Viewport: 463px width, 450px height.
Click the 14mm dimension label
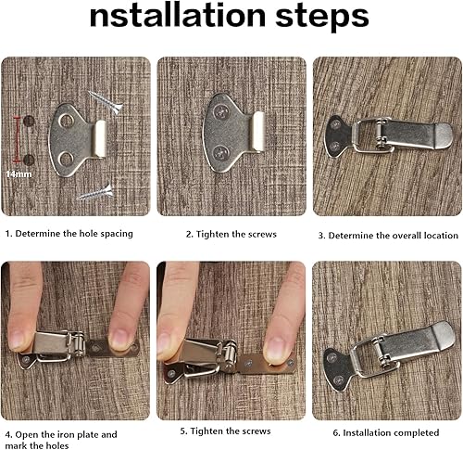click(19, 174)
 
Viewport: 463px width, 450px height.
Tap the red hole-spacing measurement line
click(18, 139)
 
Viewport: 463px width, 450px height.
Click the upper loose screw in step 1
click(106, 102)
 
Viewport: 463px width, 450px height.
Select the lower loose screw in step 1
click(95, 193)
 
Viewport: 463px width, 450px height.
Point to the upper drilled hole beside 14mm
click(29, 121)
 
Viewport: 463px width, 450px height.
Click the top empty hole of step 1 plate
click(66, 121)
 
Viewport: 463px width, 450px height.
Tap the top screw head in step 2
click(221, 111)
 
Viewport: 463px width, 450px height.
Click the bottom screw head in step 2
click(221, 152)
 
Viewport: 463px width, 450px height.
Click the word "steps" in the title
click(322, 17)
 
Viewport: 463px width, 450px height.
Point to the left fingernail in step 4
click(19, 341)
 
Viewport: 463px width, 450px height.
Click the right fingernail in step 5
click(277, 349)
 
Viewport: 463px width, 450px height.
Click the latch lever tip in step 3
click(445, 135)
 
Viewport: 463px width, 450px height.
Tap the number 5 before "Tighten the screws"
click(182, 431)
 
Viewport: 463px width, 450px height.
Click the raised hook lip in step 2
click(258, 131)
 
